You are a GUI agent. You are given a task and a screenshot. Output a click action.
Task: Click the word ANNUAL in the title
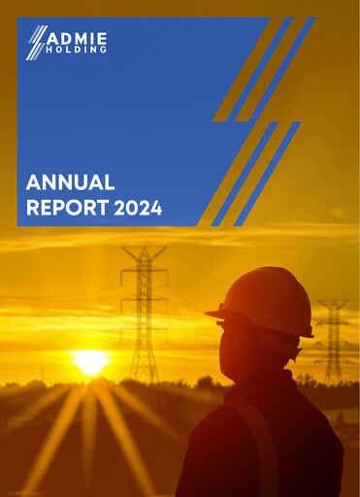pyautogui.click(x=71, y=182)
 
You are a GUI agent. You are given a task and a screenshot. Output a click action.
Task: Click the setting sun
pyautogui.click(x=90, y=362)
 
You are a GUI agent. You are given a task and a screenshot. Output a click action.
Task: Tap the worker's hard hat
pyautogui.click(x=262, y=299)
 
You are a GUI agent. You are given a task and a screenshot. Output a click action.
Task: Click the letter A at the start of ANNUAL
pyautogui.click(x=32, y=182)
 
